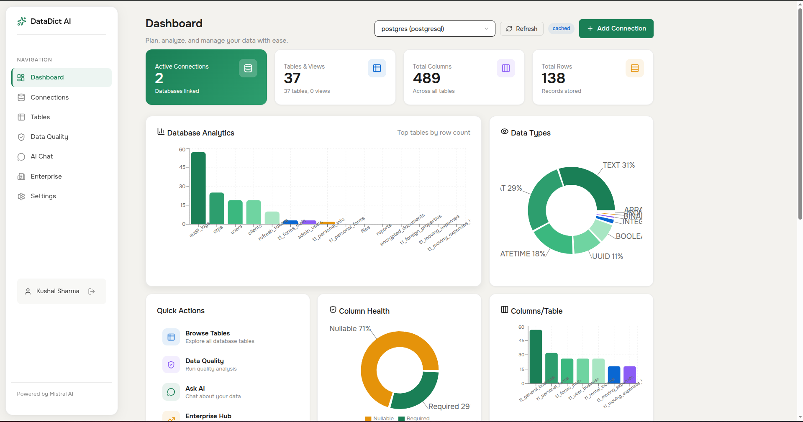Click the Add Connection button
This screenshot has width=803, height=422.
pos(616,28)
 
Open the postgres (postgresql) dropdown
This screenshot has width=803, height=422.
pos(434,29)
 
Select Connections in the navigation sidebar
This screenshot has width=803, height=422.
pos(49,97)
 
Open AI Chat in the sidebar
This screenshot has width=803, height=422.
pos(41,156)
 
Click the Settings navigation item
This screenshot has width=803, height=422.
pos(43,196)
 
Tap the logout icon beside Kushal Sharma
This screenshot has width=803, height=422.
pos(92,292)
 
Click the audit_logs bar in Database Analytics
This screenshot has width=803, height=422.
pos(198,188)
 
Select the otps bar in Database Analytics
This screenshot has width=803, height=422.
pos(217,208)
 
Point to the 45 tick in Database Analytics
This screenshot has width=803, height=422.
pos(182,167)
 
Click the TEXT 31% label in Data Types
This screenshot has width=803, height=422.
pos(618,165)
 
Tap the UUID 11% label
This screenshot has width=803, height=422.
pos(607,256)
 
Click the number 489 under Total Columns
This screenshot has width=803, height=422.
pos(426,78)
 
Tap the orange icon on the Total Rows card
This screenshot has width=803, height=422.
pos(634,68)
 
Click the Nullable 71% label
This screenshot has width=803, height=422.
pos(350,329)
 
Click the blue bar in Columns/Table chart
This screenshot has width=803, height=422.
pos(614,375)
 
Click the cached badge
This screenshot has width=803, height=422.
pos(561,28)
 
